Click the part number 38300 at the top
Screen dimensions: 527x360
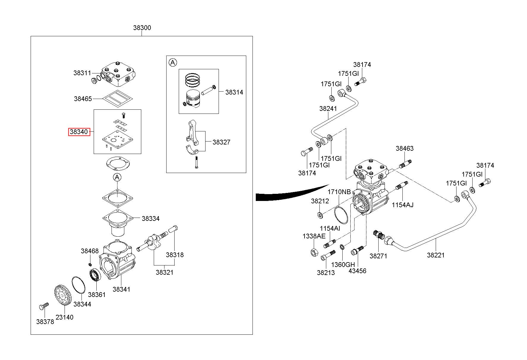142,28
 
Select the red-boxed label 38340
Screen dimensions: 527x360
79,131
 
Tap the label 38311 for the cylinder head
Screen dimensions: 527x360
82,73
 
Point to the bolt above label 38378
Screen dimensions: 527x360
43,306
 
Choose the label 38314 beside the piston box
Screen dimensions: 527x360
234,92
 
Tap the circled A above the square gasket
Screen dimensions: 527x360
117,177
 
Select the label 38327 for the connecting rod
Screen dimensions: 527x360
221,142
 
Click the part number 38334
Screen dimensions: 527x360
150,218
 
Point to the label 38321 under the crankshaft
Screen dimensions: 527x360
164,272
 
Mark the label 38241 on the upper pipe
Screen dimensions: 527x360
328,109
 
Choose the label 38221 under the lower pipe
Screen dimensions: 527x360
436,255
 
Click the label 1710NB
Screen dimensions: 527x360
339,192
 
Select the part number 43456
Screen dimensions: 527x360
357,271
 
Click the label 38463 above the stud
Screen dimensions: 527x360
404,148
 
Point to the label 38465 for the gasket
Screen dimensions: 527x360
83,99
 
